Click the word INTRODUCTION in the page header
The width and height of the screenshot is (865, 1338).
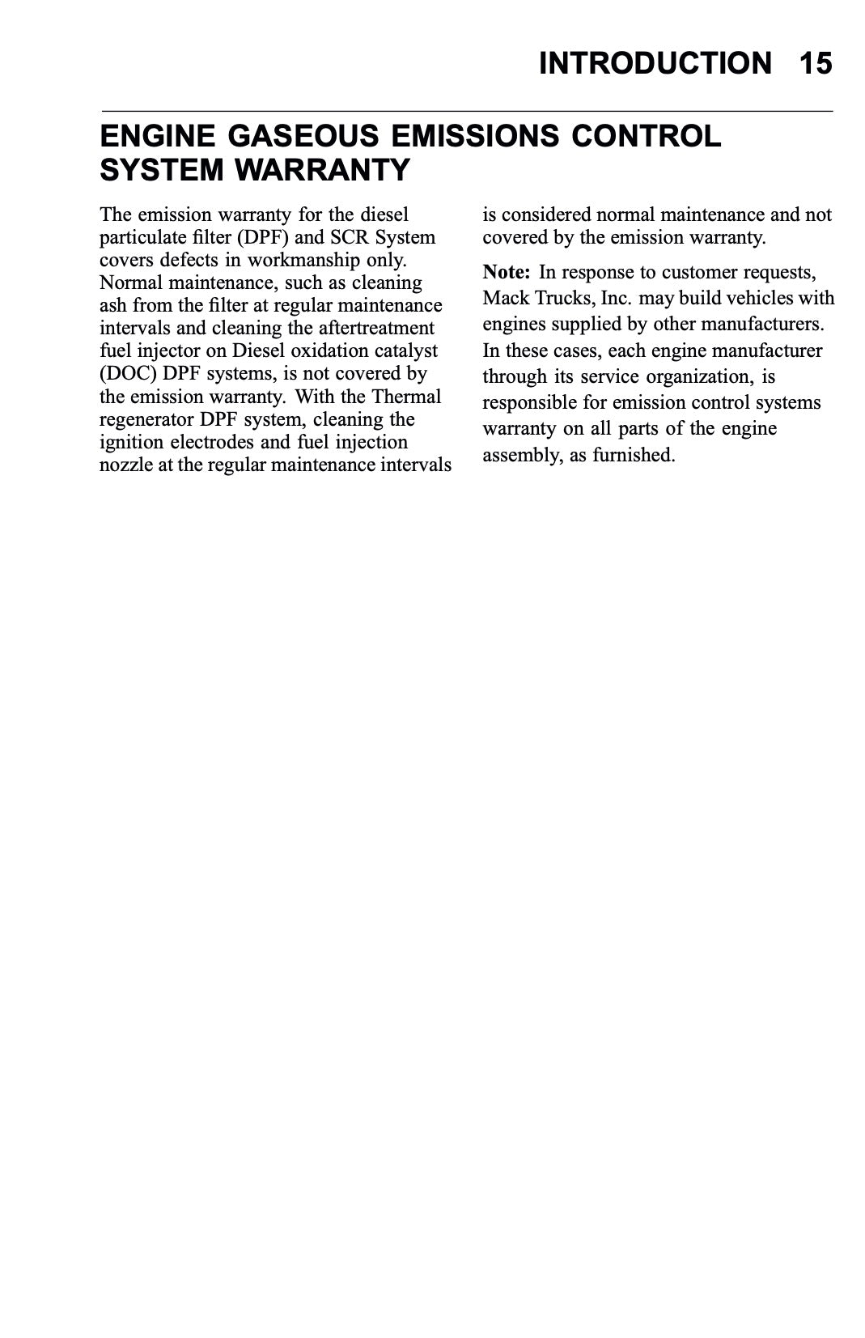coord(655,63)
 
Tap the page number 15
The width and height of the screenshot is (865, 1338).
coord(815,63)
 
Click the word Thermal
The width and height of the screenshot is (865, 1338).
coord(406,397)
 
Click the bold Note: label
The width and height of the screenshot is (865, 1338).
coord(507,272)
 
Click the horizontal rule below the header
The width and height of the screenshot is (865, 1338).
coord(467,110)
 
